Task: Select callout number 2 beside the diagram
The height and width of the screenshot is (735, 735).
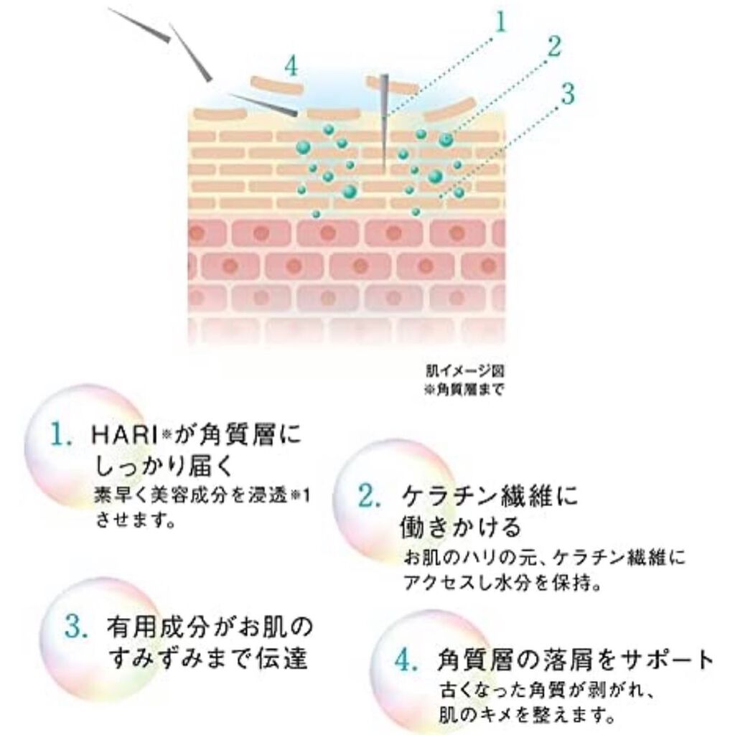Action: (x=552, y=47)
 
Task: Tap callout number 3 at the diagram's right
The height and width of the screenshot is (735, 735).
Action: (x=568, y=93)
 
